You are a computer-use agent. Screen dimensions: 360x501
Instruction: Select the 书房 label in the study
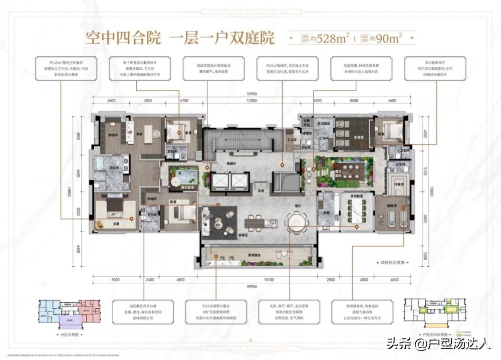coord(136,133)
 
